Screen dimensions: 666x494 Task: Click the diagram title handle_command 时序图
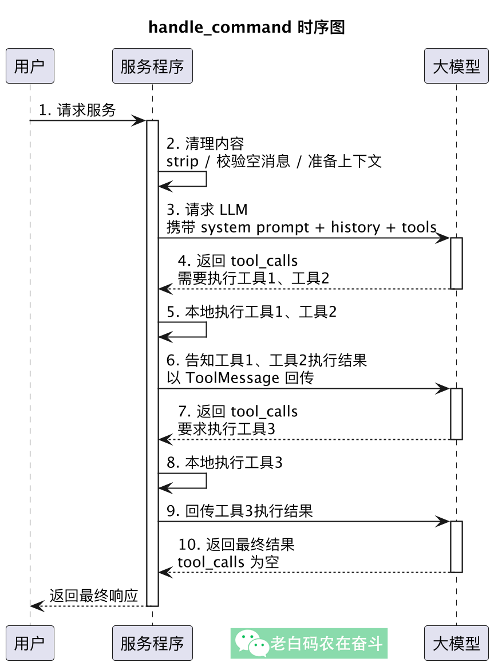click(247, 27)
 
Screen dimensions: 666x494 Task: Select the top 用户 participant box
click(30, 66)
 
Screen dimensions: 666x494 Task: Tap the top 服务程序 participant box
click(152, 66)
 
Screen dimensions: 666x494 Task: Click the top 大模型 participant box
click(456, 66)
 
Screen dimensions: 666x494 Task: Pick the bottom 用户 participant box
click(30, 643)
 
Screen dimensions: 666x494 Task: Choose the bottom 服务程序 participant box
click(152, 643)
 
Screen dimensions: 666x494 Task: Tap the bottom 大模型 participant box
click(456, 643)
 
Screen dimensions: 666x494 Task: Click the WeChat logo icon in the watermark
click(252, 644)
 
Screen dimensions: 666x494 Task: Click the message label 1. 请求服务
click(77, 110)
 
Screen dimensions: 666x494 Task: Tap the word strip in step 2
click(181, 161)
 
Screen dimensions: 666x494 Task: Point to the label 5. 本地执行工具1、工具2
click(251, 312)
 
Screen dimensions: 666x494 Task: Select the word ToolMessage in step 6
click(232, 379)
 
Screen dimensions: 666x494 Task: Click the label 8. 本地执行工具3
click(224, 463)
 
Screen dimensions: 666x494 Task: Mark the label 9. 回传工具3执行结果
click(240, 511)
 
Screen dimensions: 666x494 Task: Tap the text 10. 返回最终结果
click(236, 544)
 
